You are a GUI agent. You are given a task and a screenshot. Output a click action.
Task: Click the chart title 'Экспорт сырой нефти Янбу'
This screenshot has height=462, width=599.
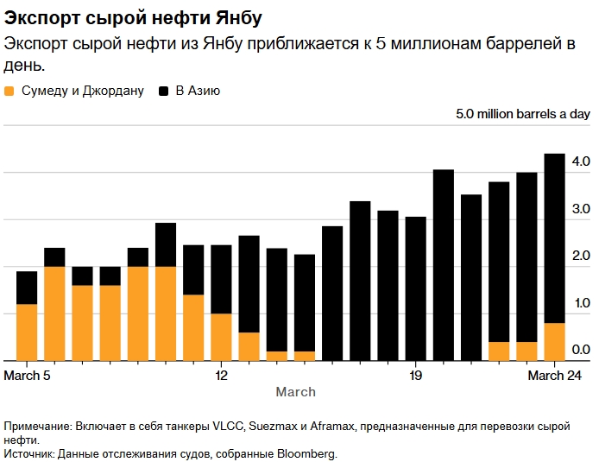[133, 17]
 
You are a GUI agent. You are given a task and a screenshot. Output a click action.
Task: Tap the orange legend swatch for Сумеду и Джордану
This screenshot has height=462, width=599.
[9, 90]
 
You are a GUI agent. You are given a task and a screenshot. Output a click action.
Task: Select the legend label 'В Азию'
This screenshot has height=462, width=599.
[198, 90]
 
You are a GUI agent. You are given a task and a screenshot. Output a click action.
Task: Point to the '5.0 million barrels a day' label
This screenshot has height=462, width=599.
[523, 114]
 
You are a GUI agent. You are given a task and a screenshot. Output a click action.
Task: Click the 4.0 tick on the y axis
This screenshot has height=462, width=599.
[579, 161]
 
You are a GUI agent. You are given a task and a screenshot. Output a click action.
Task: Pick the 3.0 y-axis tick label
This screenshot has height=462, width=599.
[579, 209]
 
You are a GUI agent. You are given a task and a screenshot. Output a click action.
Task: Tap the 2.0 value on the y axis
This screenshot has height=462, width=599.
[579, 256]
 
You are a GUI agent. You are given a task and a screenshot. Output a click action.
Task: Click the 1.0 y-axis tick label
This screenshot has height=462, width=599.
[579, 303]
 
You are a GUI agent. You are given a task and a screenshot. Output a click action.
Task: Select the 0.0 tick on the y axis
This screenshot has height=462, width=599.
[579, 350]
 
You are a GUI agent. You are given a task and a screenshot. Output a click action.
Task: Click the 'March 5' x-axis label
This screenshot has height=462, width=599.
[28, 375]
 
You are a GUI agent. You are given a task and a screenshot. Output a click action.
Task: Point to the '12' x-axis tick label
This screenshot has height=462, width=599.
[221, 375]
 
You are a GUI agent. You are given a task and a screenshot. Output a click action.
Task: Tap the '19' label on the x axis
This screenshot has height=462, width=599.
[415, 375]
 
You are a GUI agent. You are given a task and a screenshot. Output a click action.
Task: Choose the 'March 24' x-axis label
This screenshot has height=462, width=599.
[553, 375]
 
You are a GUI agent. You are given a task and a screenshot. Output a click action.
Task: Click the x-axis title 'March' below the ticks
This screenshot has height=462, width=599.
[295, 392]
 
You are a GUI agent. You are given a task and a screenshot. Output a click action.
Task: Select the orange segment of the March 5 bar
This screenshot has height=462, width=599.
[27, 332]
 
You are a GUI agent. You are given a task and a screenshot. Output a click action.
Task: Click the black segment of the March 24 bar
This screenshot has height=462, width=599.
[553, 237]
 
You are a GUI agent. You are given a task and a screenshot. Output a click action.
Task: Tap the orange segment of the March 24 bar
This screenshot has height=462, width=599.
[553, 342]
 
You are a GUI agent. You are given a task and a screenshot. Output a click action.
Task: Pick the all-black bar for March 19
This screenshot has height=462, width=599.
[415, 288]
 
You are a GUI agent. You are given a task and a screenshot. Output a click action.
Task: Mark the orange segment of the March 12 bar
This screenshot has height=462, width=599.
[221, 337]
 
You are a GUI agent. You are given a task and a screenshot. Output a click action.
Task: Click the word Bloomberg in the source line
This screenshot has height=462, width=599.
[308, 453]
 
